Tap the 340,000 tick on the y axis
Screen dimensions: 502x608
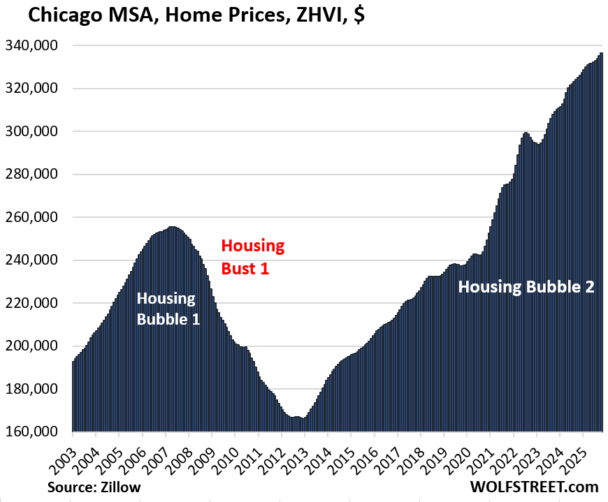point(36,45)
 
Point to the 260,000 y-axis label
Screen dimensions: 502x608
point(36,217)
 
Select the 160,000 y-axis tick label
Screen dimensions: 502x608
point(36,431)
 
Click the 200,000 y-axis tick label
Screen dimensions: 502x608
point(36,346)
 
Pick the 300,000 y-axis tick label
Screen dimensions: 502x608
point(36,131)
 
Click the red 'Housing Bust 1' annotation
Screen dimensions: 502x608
point(253,256)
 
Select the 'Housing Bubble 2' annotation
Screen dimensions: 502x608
point(526,286)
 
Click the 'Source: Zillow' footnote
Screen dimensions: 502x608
point(94,487)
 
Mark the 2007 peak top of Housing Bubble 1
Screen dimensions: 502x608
point(173,228)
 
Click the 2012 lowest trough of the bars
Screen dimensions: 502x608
point(302,419)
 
